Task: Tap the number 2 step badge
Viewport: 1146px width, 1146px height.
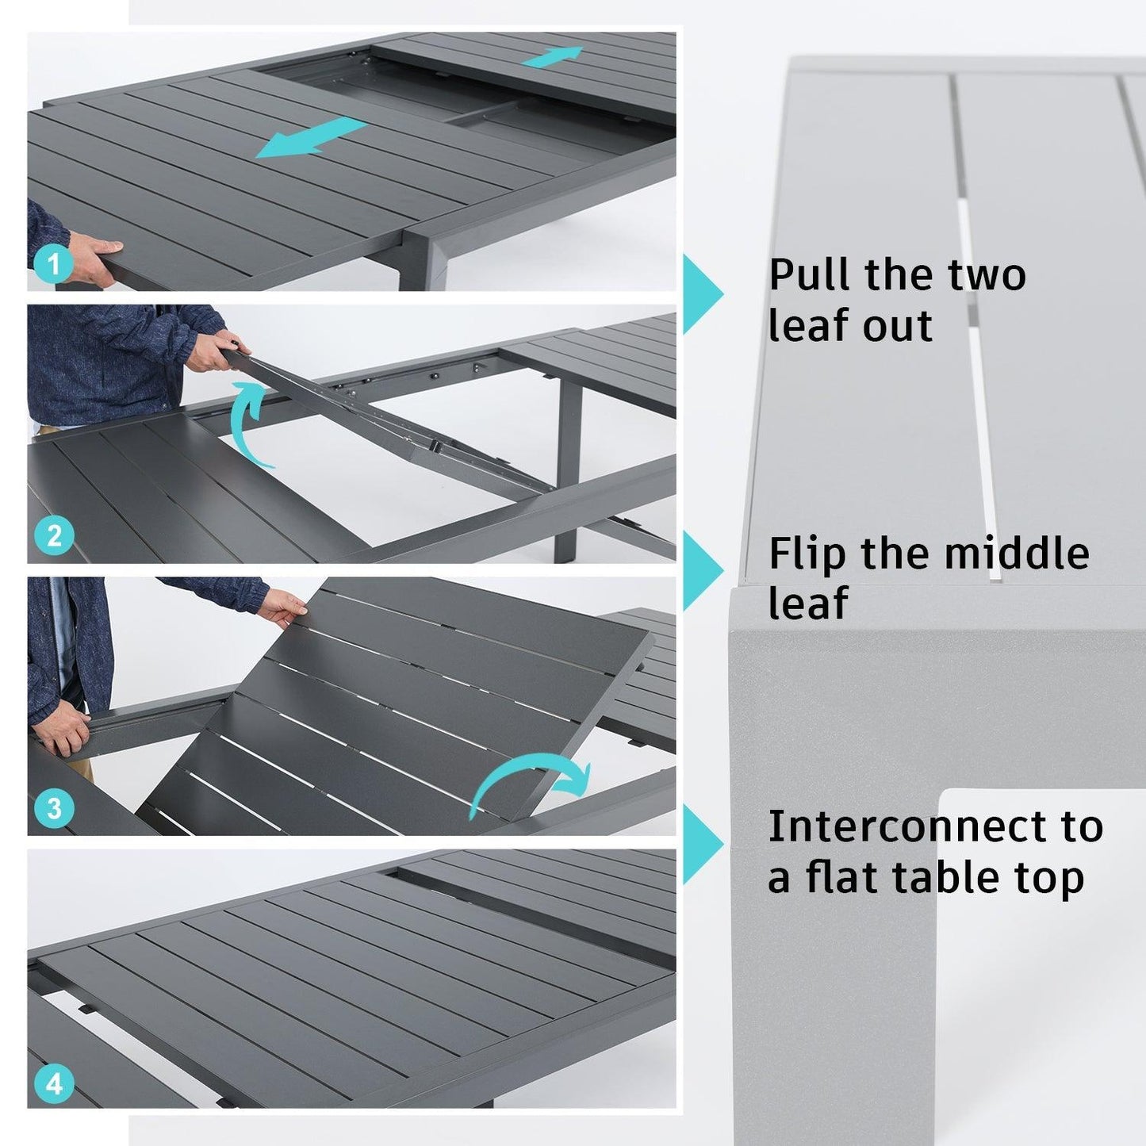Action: point(53,536)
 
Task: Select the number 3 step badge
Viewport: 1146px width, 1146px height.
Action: point(53,808)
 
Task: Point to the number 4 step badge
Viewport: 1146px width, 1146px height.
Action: point(53,1083)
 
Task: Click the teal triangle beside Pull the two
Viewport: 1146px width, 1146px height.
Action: point(701,294)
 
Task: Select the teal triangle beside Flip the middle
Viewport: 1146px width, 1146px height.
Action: point(701,569)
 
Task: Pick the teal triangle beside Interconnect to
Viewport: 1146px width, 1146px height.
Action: point(701,843)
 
